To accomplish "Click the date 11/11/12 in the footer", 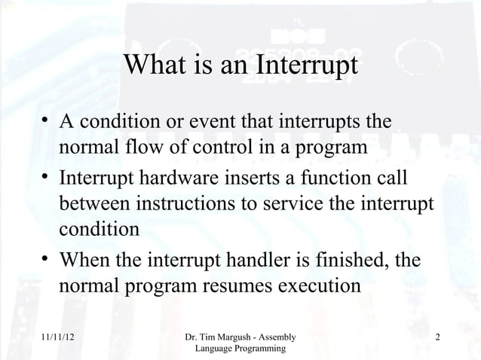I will pos(57,338).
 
